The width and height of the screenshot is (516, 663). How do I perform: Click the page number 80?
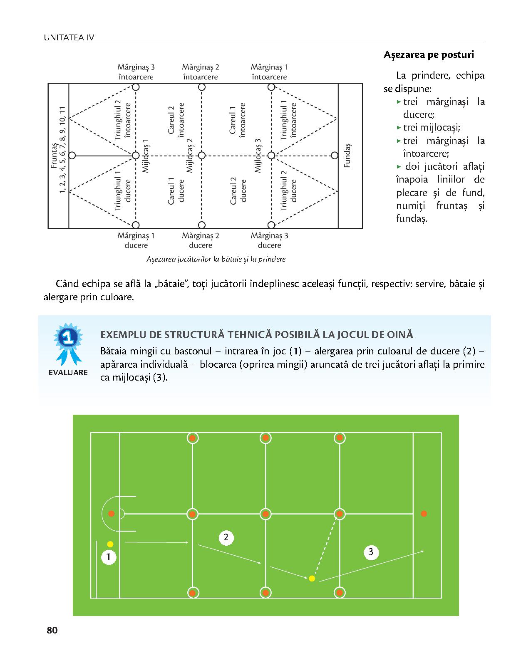coord(52,630)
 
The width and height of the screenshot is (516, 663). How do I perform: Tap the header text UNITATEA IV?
coord(69,37)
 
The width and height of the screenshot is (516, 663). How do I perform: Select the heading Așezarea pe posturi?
coord(429,55)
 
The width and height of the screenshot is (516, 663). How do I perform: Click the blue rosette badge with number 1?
coord(68,343)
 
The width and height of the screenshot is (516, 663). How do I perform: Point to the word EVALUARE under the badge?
coord(68,372)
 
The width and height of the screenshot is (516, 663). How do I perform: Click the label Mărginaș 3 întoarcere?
coord(136,72)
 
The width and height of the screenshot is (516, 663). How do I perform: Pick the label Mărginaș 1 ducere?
coord(136,240)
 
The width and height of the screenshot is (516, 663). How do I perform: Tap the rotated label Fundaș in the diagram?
coord(347,156)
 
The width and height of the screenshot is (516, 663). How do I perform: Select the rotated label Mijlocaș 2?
coord(189,156)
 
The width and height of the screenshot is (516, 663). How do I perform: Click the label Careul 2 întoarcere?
coord(176,120)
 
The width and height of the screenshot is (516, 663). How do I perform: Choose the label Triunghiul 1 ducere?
coord(122,190)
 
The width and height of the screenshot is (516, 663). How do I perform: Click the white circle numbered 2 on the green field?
coord(226,537)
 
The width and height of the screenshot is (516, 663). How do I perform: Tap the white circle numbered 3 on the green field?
coord(371,552)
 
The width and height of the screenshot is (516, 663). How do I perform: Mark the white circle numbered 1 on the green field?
coord(109,557)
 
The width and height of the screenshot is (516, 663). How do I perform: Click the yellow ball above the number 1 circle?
coord(110,544)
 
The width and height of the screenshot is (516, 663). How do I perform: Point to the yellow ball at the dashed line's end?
coord(312,578)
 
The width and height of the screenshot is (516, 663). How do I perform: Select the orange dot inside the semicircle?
coord(111,514)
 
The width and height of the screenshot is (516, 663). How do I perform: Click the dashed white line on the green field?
coord(325,546)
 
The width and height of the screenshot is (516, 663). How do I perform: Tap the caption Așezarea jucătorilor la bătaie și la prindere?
coord(216,260)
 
